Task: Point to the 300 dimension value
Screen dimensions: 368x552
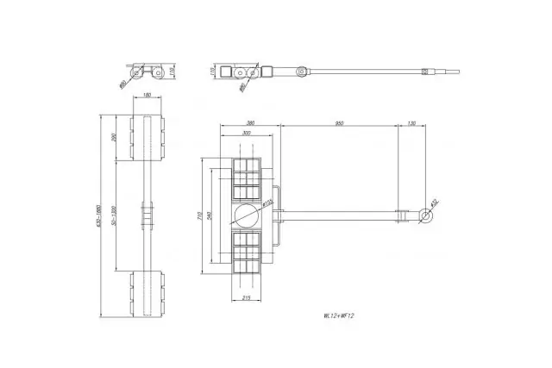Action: [x=248, y=134]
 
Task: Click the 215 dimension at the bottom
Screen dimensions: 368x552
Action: [x=246, y=297]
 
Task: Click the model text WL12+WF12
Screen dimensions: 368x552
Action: [x=335, y=315]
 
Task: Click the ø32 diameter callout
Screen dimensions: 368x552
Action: [x=434, y=202]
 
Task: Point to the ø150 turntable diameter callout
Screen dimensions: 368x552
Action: [x=267, y=204]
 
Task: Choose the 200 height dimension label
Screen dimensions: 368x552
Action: [x=114, y=137]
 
